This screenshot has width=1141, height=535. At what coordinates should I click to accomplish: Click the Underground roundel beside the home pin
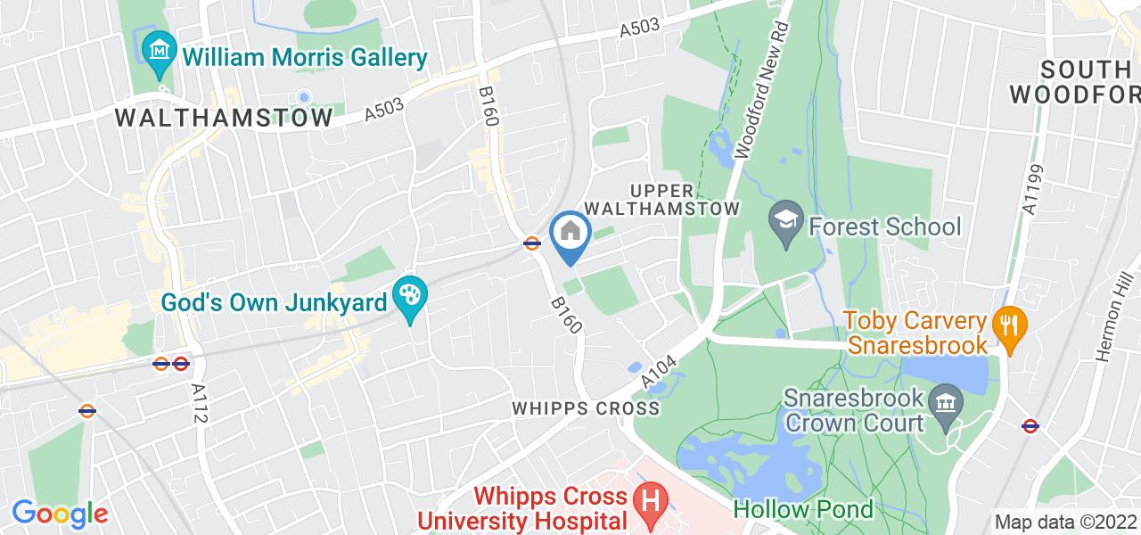(532, 243)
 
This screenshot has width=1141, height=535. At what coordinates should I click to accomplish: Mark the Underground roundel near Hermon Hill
(1030, 426)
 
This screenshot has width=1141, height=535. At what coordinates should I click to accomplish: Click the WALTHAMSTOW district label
(224, 117)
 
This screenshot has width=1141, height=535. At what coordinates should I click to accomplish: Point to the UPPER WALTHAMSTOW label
(685, 199)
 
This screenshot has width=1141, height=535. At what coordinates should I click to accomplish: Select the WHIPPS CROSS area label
(586, 408)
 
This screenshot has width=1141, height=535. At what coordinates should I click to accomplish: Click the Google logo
(60, 513)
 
